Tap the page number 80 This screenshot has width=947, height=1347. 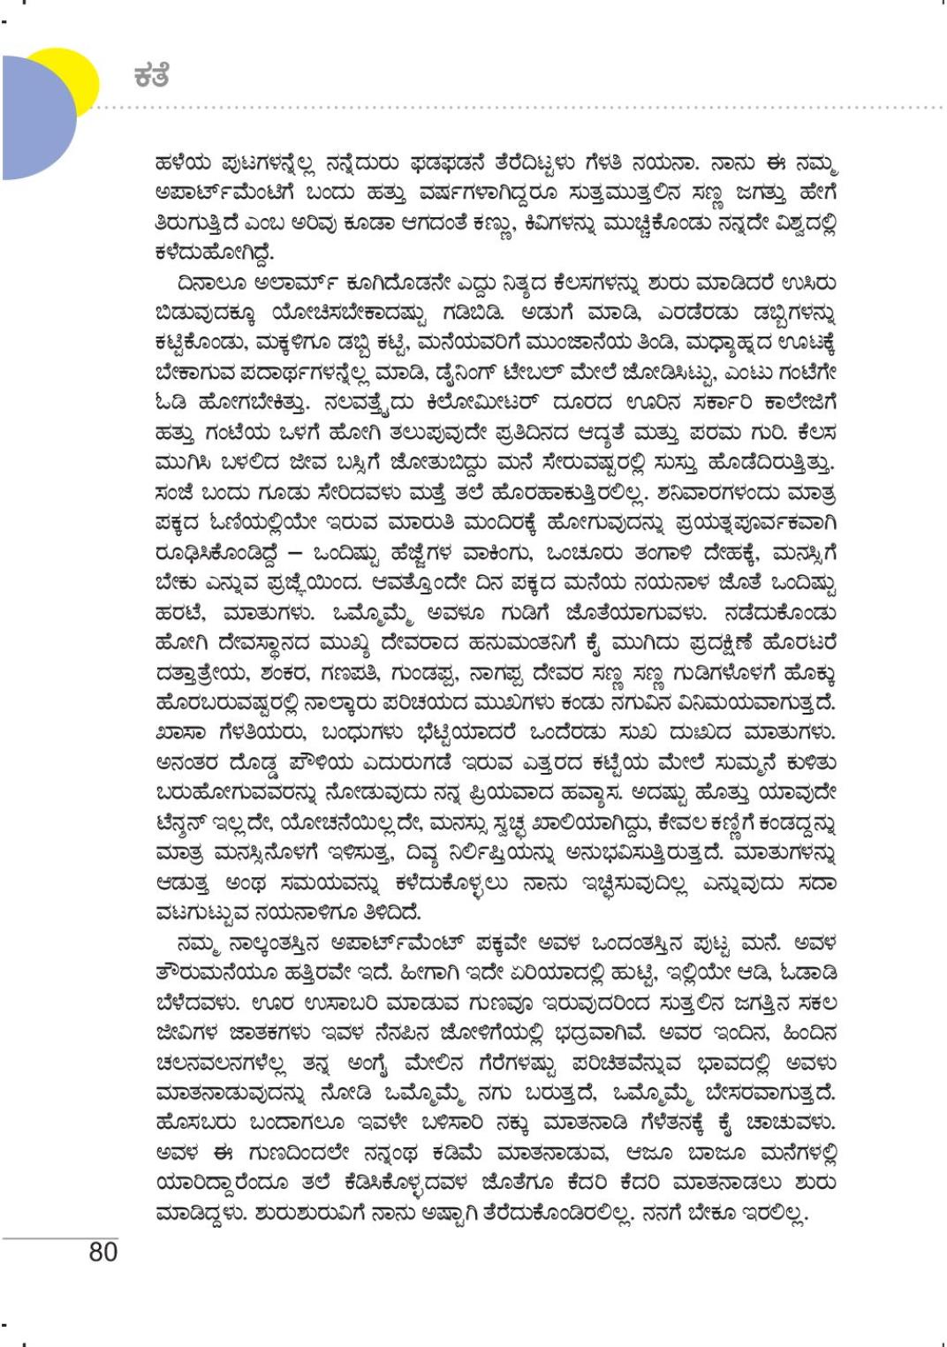(103, 1252)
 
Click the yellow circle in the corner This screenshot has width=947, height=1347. (76, 71)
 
